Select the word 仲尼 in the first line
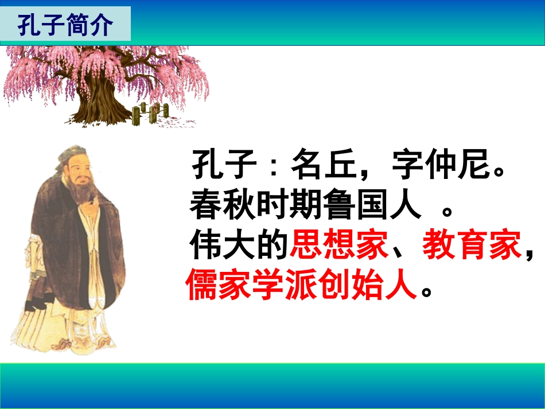459,166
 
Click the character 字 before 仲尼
408,166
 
